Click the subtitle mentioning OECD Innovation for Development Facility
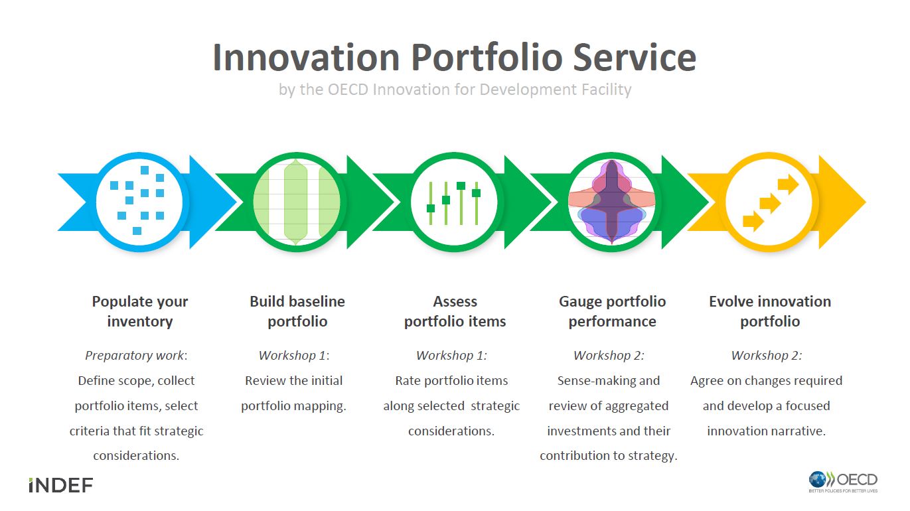[455, 90]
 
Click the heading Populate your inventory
[140, 311]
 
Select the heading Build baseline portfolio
[297, 311]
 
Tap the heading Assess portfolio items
[455, 311]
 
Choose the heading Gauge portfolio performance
[612, 311]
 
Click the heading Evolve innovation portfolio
[770, 311]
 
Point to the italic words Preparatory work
[135, 356]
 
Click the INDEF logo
[60, 485]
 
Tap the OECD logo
[843, 481]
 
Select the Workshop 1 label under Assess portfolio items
[451, 356]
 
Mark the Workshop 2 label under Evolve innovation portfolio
[766, 356]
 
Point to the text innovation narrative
[766, 431]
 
